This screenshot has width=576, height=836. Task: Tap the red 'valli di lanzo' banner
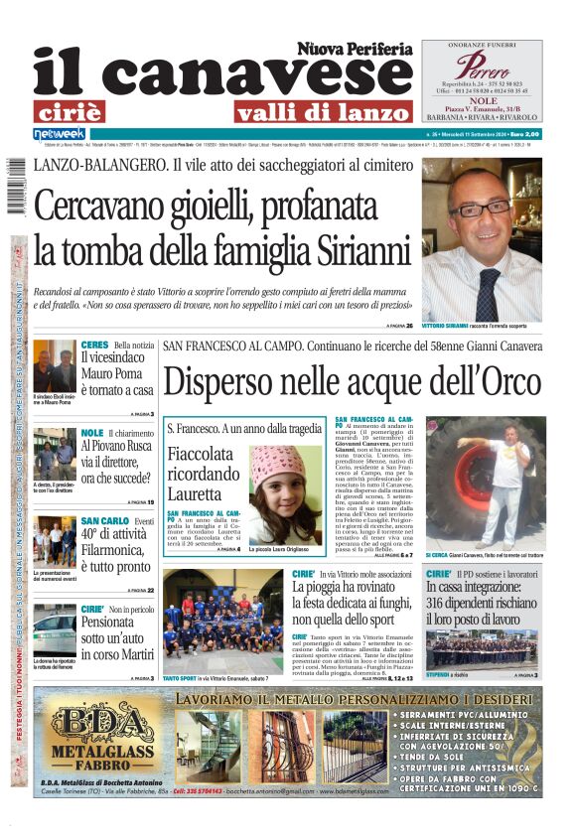pos(309,111)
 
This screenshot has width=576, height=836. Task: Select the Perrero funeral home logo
pos(481,67)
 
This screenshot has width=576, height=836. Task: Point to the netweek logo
pos(60,134)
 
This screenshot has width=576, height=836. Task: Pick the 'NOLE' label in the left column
pos(92,433)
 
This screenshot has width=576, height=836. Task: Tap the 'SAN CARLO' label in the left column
pos(103,520)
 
